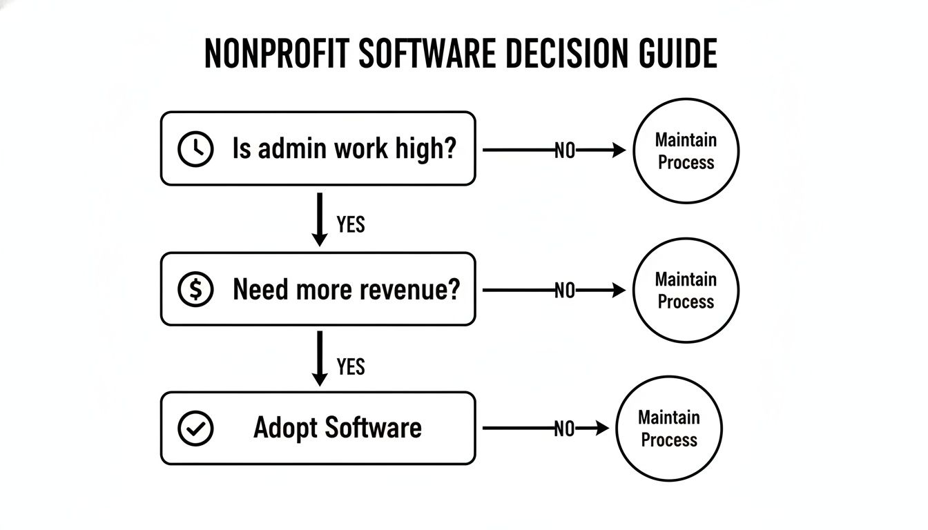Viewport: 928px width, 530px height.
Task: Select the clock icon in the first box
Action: click(x=195, y=149)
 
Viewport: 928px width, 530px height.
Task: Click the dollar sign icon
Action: click(x=195, y=290)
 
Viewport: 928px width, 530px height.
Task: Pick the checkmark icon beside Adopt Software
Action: click(x=195, y=429)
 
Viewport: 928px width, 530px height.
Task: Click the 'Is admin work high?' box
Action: click(x=318, y=149)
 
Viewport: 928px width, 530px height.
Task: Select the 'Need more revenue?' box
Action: click(x=318, y=289)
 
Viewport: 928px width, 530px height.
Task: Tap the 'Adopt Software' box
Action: click(x=318, y=429)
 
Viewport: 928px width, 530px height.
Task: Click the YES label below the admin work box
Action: click(x=351, y=224)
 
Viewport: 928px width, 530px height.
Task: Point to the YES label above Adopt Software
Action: click(x=351, y=366)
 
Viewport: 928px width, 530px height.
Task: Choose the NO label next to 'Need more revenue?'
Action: click(x=565, y=291)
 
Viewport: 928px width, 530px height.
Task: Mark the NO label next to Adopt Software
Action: click(x=565, y=430)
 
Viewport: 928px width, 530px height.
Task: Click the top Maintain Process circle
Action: click(x=686, y=151)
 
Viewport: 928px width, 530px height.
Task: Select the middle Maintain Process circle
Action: click(x=686, y=291)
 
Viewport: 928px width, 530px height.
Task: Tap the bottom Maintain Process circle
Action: click(x=668, y=429)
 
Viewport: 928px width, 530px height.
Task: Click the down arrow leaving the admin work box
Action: click(x=320, y=219)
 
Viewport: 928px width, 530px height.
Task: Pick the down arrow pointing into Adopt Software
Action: click(x=320, y=359)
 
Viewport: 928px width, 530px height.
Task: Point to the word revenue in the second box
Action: click(x=416, y=290)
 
